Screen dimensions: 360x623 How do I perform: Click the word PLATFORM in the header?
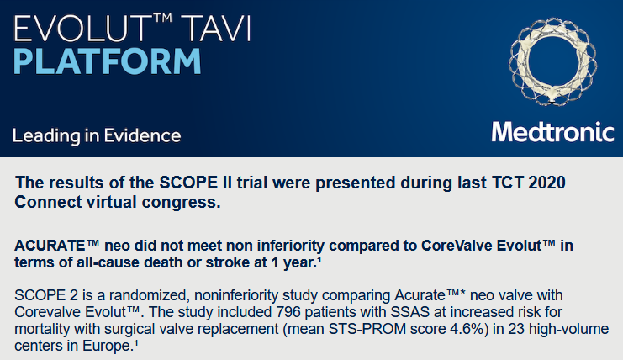pos(108,62)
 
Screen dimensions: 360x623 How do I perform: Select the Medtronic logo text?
pos(552,131)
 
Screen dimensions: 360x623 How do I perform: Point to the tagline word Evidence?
pos(144,135)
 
